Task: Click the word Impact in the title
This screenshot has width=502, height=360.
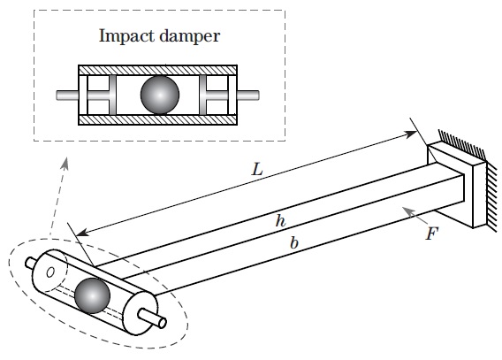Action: (127, 36)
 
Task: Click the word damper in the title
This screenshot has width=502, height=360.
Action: (190, 36)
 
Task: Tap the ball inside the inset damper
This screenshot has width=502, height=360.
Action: (160, 95)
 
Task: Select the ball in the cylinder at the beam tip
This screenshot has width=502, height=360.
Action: (92, 295)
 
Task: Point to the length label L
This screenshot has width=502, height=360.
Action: (257, 169)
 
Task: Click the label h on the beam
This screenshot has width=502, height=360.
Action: (280, 220)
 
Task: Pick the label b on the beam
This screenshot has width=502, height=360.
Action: (294, 242)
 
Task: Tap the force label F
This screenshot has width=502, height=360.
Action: (432, 234)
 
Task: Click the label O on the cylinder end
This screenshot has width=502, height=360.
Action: (50, 272)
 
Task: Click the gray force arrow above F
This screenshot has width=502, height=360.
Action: (415, 216)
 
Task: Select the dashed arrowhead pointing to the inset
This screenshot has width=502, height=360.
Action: (65, 163)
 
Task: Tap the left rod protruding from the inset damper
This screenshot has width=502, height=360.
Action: (67, 96)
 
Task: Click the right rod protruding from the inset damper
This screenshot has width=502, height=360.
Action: (248, 96)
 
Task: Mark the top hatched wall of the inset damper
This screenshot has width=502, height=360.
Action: (158, 70)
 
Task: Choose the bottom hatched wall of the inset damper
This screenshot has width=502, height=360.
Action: (158, 119)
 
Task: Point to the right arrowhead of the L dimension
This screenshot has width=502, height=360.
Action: (410, 134)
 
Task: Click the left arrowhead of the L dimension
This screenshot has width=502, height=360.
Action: (82, 233)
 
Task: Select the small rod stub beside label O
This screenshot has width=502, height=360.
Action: (30, 263)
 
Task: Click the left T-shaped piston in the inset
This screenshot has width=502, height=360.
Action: (102, 96)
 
